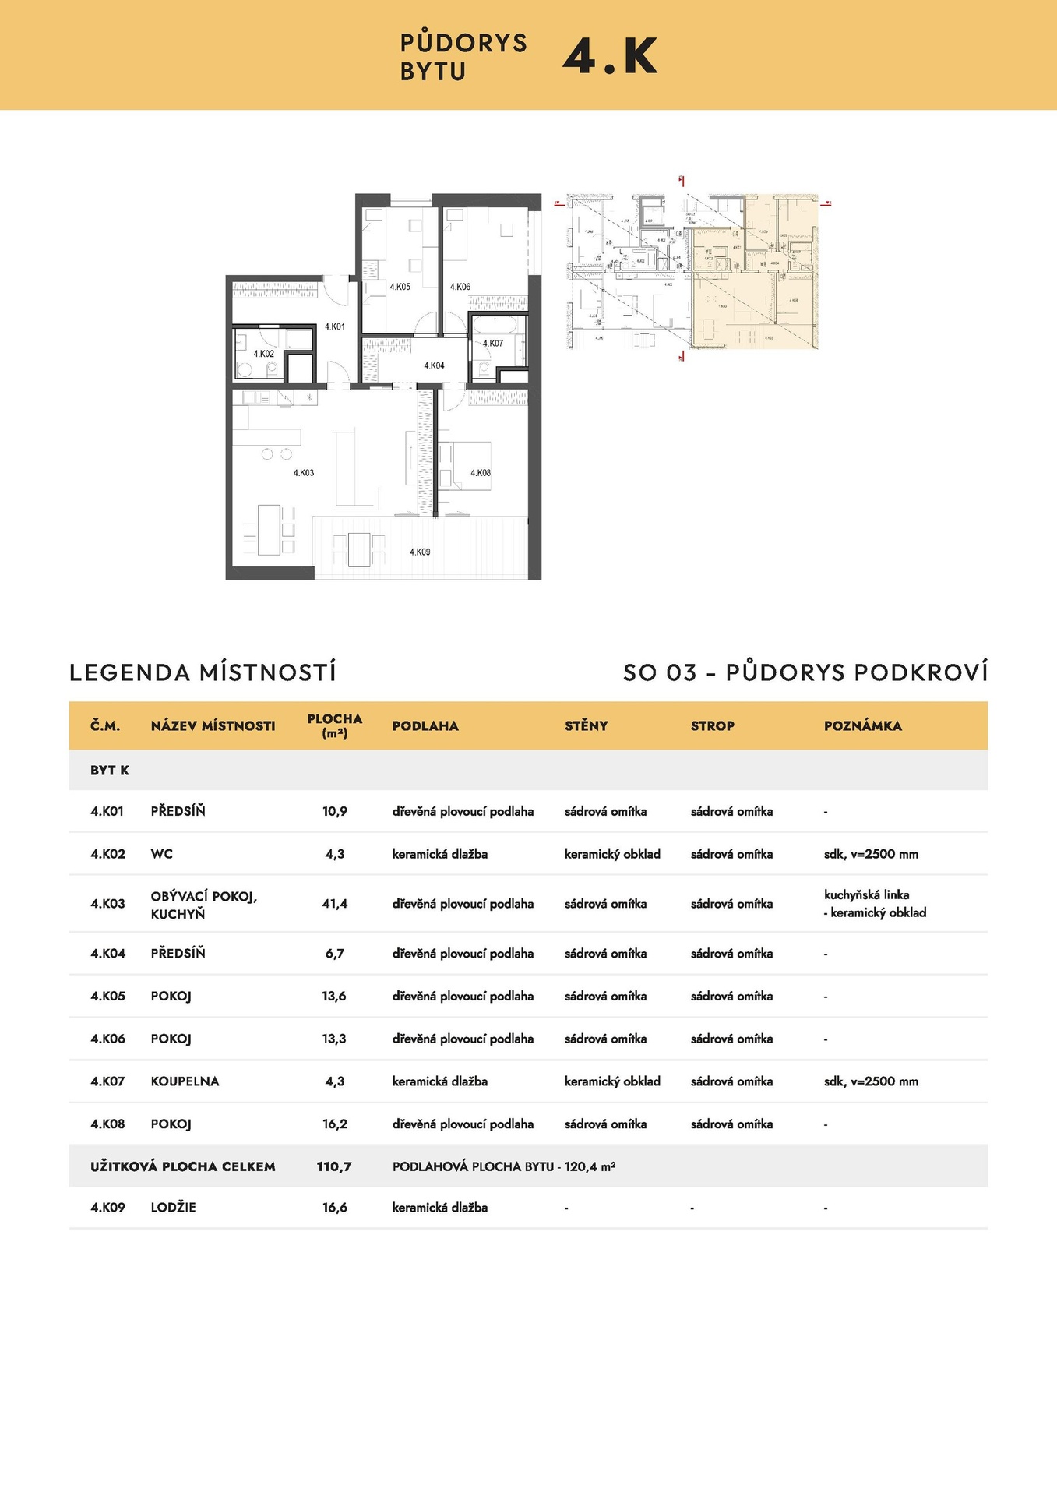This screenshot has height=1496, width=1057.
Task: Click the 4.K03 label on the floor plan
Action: coord(304,473)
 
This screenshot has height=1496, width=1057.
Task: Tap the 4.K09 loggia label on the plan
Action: coord(420,552)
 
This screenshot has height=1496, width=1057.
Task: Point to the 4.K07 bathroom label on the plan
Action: coord(493,344)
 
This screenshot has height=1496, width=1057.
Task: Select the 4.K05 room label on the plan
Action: coord(400,288)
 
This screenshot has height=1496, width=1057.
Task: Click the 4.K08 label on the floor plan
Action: coord(481,473)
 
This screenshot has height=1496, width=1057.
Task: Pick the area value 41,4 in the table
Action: coord(335,904)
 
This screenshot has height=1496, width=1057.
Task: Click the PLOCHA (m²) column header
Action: coord(335,725)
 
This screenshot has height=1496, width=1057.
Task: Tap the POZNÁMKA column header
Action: coord(862,726)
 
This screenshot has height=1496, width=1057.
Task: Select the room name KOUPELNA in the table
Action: coord(185,1081)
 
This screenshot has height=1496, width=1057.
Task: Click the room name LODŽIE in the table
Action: coord(173,1208)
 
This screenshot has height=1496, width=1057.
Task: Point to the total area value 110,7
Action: coord(334,1166)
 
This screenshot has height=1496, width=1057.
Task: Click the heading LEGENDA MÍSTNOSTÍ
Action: coord(203,672)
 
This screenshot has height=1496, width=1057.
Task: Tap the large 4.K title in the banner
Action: coord(610,56)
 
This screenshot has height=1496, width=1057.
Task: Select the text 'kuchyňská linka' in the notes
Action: coord(866,894)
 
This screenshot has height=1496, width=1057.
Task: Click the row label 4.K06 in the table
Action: coord(107,1039)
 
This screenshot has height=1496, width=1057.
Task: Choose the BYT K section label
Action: coord(110,771)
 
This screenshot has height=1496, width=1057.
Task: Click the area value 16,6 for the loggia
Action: coord(335,1208)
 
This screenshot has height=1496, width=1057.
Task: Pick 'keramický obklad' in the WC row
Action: coord(612,854)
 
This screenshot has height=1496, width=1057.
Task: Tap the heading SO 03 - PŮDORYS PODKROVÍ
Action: coord(805,672)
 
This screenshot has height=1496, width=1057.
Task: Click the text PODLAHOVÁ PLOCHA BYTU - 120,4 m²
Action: coord(503,1166)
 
